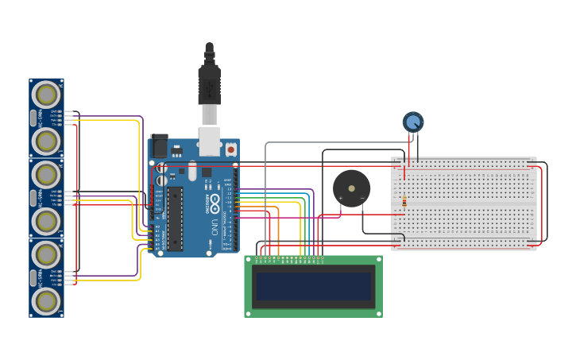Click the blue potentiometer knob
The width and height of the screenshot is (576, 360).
(x=413, y=122)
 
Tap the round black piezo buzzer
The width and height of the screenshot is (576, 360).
(x=351, y=188)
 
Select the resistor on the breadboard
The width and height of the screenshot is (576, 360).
(x=404, y=201)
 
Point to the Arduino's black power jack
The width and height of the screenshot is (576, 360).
(x=158, y=145)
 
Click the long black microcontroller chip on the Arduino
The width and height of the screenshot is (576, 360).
(x=175, y=218)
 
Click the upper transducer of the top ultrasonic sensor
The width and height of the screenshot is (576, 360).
(x=46, y=95)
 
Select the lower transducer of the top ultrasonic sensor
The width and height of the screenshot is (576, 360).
(x=46, y=141)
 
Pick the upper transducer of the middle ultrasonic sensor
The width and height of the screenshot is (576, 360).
(x=46, y=175)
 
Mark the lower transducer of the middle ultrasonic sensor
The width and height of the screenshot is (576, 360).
(x=46, y=221)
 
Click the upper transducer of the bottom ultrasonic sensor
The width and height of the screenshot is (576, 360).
(x=46, y=254)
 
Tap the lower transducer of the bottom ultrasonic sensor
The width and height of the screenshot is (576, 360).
(x=46, y=301)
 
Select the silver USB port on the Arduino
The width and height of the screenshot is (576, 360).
(x=209, y=141)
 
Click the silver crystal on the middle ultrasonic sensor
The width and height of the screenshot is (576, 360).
(x=33, y=198)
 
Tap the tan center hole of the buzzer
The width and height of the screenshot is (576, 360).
(x=351, y=189)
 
